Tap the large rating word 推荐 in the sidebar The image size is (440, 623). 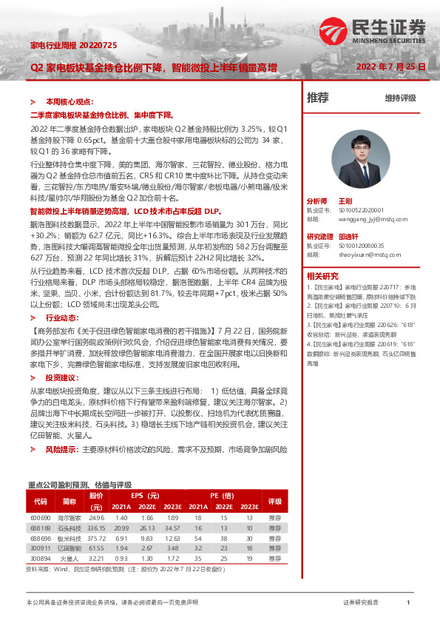(318, 97)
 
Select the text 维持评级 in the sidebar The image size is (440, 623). (400, 98)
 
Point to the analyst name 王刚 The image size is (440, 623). (345, 201)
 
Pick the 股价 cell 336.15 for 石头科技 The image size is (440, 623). (96, 528)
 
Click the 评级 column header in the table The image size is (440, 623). (275, 500)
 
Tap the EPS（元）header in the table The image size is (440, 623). (145, 495)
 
